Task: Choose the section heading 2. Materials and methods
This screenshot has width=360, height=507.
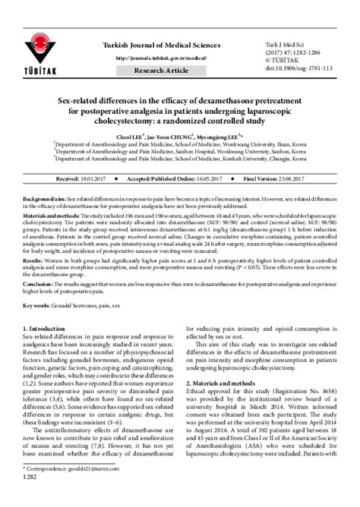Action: [229, 383]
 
